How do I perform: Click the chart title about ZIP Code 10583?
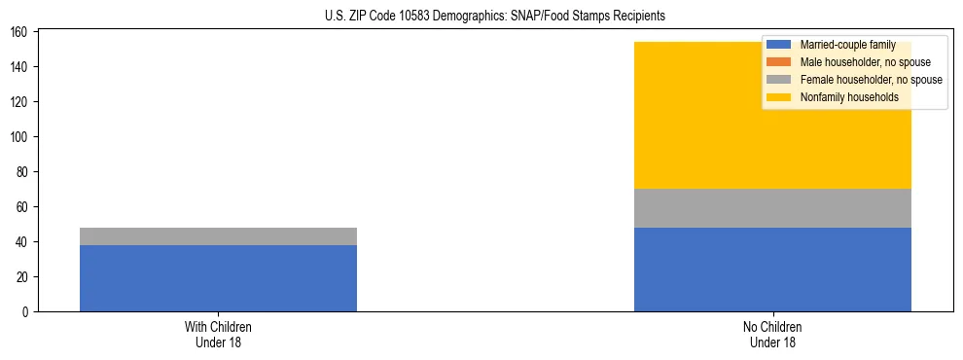[x=495, y=16]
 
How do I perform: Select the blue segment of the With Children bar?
[x=218, y=278]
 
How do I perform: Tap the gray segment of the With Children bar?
[x=218, y=236]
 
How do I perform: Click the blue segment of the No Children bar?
[x=772, y=270]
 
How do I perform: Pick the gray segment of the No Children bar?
[x=772, y=208]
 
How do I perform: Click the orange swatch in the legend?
[x=780, y=62]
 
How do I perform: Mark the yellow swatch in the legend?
[x=780, y=97]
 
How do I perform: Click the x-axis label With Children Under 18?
[x=218, y=335]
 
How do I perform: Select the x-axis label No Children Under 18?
[x=772, y=335]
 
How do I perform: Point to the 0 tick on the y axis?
[x=27, y=312]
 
